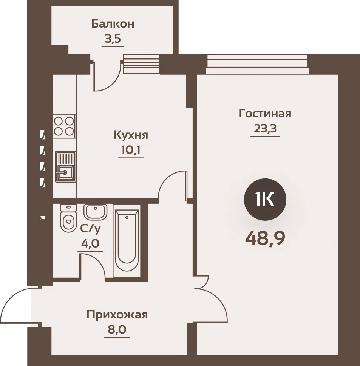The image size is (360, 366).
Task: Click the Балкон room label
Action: pos(113,24)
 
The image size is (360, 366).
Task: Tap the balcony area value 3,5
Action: pos(113,39)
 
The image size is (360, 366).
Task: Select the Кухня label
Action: pos(131,135)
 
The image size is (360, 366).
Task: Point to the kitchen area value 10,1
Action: pos(131,150)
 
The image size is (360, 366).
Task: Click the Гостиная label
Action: pos(265,114)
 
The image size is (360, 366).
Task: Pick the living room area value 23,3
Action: pos(265,128)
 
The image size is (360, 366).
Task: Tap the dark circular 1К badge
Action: pos(265,200)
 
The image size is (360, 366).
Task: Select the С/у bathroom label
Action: pos(90,229)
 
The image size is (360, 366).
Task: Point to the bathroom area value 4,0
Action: pos(90,243)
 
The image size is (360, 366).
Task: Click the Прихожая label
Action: pos(117,315)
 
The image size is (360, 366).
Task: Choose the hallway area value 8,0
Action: pos(117,330)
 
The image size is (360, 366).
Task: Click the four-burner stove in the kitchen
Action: pos(64,126)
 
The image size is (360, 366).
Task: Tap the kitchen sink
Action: pos(65,167)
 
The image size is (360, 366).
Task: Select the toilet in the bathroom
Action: pos(68,218)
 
